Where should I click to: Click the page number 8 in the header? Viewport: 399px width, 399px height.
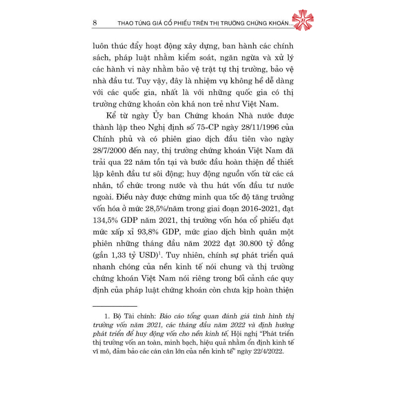tap(95, 23)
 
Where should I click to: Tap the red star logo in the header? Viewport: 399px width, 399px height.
tap(302, 20)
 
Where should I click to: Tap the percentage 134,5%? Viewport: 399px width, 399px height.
tap(107, 220)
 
